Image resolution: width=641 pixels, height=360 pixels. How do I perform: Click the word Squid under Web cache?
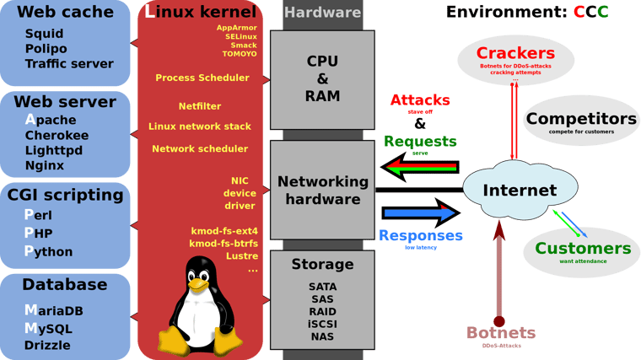coord(44,34)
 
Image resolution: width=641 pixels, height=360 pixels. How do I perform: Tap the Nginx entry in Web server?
coord(45,165)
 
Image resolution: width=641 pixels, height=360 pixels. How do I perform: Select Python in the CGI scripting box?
coord(48,251)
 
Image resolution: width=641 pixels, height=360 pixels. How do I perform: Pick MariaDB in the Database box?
coord(53,310)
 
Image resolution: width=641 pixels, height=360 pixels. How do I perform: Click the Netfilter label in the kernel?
coord(200,106)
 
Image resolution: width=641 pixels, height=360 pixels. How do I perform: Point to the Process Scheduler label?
coord(202,78)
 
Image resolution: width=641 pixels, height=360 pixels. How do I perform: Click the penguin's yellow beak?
coord(199,284)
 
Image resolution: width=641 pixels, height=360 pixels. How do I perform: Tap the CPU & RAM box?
coord(322,80)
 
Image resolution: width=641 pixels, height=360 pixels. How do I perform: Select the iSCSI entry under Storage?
coord(322,324)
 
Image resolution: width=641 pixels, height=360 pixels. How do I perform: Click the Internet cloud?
coord(520,189)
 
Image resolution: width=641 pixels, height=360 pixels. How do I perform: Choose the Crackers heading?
coord(515,53)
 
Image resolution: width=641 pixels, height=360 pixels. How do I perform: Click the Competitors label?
coord(581,119)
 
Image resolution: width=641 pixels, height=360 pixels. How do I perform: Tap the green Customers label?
coord(583,249)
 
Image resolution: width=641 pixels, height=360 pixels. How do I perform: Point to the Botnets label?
coord(501,333)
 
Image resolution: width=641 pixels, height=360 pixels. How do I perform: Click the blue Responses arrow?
coord(421,213)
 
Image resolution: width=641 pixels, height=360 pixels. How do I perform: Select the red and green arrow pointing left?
coord(420,167)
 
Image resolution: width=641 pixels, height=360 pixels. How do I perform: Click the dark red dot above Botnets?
coord(499,321)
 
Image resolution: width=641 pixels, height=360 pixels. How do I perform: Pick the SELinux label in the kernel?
coord(241,37)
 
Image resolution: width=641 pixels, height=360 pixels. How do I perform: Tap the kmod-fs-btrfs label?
coord(224,244)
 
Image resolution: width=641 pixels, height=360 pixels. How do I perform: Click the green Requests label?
coord(420,142)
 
